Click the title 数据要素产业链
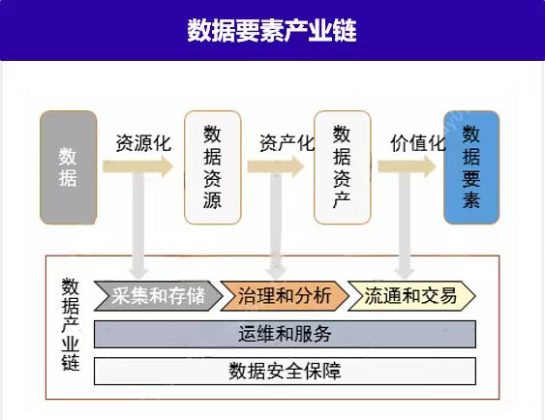coord(272,30)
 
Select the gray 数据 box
coord(68,167)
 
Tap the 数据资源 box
coord(212,167)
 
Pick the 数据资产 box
coord(343,167)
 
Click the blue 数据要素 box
coord(471,167)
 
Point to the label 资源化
coord(143,142)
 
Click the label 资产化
coord(288,142)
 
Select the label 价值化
coord(418,142)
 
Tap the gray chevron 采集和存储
coord(158,295)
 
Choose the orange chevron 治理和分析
coord(285,295)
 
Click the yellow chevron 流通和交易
coord(411,295)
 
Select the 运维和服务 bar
coord(285,334)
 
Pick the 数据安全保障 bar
coord(285,371)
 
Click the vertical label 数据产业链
coord(71,324)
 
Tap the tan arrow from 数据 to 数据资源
coord(137,166)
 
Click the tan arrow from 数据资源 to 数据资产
coord(276,166)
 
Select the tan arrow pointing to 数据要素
coord(407,166)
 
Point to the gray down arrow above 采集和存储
coord(138,225)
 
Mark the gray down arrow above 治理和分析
coord(276,225)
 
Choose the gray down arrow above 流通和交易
coord(405,225)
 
